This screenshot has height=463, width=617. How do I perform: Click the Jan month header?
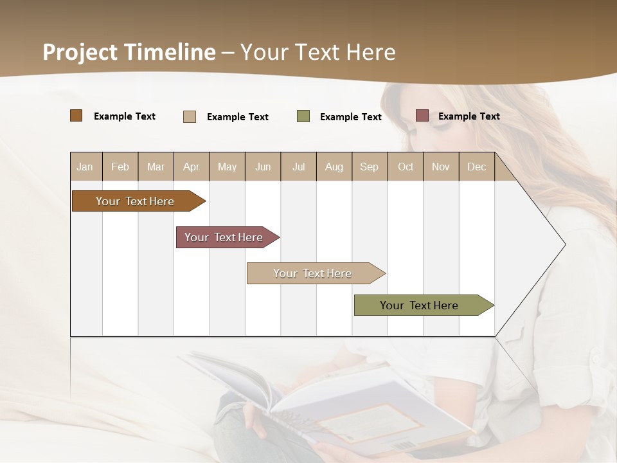(85, 167)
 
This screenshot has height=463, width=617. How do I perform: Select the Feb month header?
(120, 167)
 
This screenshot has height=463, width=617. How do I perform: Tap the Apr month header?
(191, 167)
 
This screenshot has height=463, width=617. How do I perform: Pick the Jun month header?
(263, 167)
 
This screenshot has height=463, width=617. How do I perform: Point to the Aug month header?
(334, 167)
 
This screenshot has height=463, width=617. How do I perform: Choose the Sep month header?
(369, 167)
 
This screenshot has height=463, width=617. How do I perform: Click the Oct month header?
(406, 167)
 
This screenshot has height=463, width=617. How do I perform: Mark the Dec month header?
(476, 167)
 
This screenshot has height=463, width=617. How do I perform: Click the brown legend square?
(76, 116)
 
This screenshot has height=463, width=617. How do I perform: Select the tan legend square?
(190, 116)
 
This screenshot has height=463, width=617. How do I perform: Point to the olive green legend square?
(303, 116)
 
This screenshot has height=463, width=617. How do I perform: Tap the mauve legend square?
(422, 116)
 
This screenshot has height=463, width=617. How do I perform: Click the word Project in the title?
(80, 52)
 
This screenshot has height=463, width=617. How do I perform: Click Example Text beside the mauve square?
(469, 116)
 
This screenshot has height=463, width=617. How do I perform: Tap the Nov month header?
(441, 167)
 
